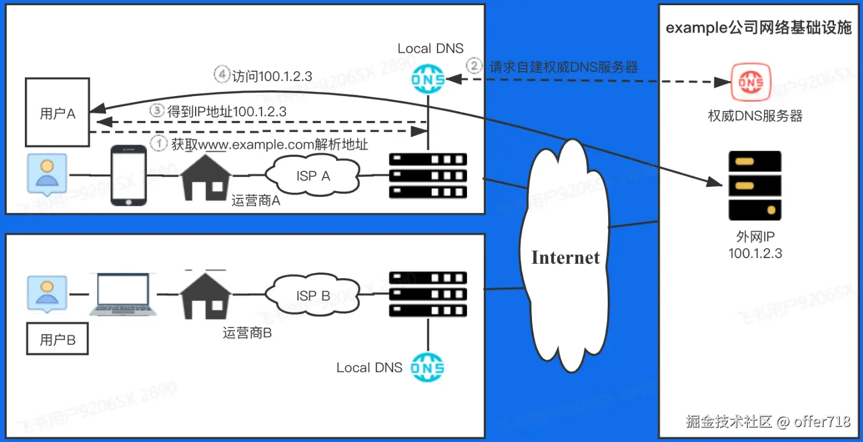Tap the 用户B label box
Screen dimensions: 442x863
[58, 340]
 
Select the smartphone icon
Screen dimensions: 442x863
[128, 175]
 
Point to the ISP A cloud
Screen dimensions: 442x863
[313, 176]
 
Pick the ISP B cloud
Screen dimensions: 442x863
[313, 296]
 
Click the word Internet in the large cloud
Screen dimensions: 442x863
[565, 257]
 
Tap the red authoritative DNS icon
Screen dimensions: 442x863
[751, 82]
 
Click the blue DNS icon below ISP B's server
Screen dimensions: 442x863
[428, 367]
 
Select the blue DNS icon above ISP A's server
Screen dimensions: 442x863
[428, 79]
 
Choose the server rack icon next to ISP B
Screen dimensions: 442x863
[428, 294]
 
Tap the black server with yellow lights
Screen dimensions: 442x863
[755, 185]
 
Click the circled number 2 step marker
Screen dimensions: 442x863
[475, 67]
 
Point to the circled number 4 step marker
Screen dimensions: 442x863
[222, 75]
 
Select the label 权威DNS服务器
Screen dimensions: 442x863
[755, 116]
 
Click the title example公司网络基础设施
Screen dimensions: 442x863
[758, 27]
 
